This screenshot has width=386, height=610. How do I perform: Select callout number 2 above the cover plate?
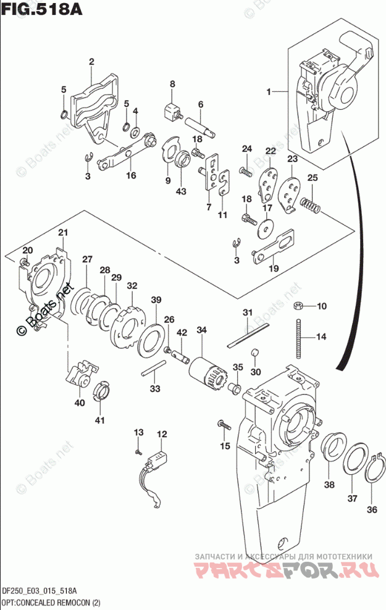tap(91, 61)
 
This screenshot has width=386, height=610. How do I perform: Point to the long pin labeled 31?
tap(246, 333)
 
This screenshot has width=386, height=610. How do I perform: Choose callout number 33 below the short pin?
tap(154, 388)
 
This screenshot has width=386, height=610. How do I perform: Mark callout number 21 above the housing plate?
tap(62, 232)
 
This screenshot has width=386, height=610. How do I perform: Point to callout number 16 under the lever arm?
tap(130, 175)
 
